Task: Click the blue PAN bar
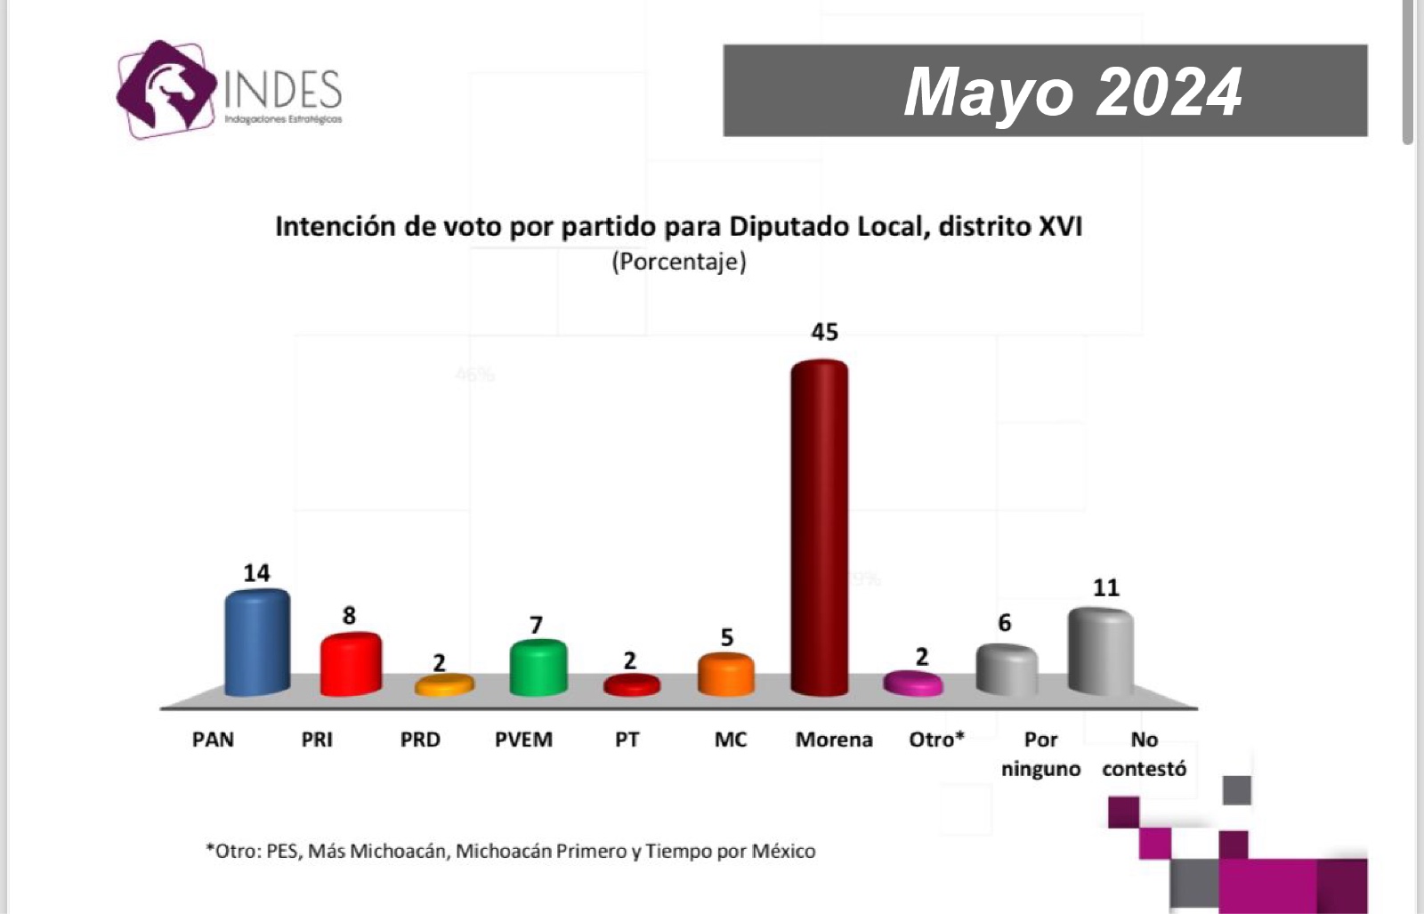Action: coord(256,643)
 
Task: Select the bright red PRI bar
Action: coord(351,664)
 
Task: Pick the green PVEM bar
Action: coord(538,667)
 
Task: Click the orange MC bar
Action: coord(725,675)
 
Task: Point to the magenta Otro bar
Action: coord(912,683)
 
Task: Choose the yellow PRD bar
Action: coord(444,684)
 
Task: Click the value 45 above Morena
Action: coord(824,332)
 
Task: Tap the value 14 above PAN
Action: coord(256,573)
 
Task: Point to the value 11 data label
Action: coord(1105,587)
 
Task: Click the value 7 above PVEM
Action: coord(536,625)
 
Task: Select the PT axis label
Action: coord(627,740)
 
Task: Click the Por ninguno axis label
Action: coord(1040,754)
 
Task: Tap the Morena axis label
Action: coord(834,740)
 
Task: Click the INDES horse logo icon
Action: coord(166,89)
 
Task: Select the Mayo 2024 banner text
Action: coord(1072,92)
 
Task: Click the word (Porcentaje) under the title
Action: coord(679,262)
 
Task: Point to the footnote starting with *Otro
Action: coord(511,851)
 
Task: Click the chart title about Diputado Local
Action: coord(678,226)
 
